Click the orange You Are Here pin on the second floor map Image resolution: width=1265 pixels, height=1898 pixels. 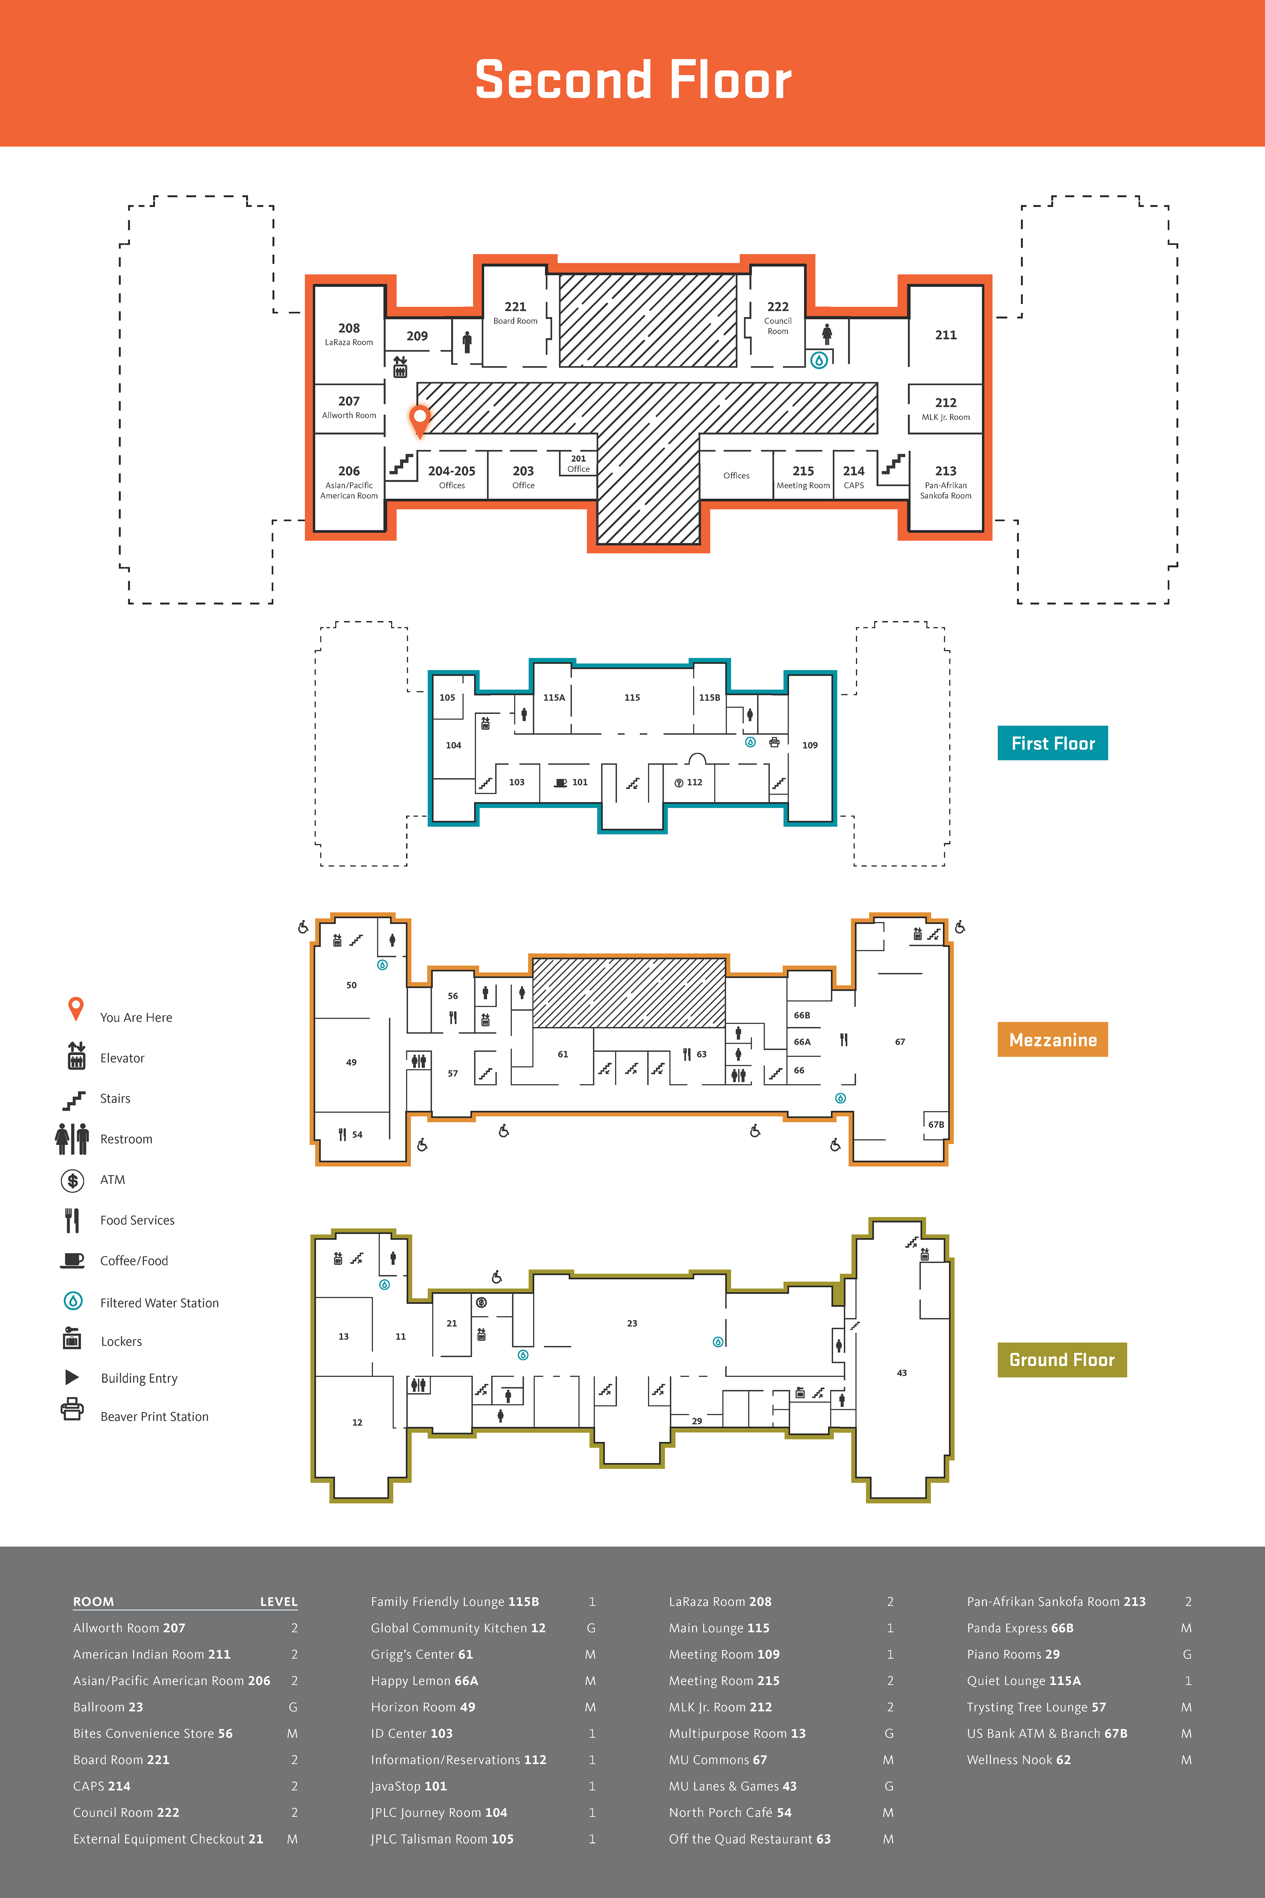(x=419, y=419)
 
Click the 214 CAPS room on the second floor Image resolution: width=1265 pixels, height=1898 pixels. (x=854, y=476)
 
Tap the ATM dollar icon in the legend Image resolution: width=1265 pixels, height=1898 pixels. (x=72, y=1181)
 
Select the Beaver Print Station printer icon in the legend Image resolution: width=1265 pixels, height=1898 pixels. (x=72, y=1409)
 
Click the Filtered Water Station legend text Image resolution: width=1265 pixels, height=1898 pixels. (x=159, y=1303)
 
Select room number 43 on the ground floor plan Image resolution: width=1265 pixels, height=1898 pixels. (x=901, y=1373)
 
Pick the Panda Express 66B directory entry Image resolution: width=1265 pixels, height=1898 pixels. (x=1020, y=1628)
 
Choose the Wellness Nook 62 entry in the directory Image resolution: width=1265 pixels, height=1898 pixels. (x=1018, y=1759)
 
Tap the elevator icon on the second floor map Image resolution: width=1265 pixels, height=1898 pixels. (x=400, y=366)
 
